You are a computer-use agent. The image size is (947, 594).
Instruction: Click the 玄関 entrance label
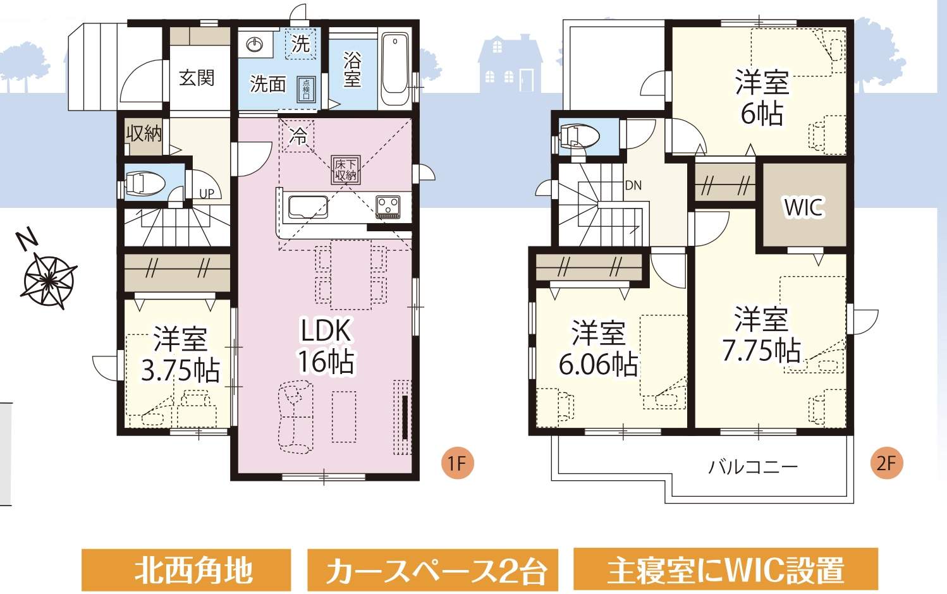click(x=197, y=78)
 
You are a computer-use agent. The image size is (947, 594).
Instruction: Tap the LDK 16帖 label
click(x=326, y=346)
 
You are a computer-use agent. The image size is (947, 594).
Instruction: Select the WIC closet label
click(x=803, y=207)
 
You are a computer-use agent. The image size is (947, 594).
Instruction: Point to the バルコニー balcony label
click(x=753, y=467)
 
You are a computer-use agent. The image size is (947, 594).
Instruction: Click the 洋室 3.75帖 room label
click(x=180, y=354)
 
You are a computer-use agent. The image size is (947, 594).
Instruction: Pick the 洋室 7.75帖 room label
click(x=761, y=335)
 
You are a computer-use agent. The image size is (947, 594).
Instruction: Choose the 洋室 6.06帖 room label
click(x=598, y=348)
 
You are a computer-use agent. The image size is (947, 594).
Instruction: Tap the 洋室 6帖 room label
click(x=762, y=98)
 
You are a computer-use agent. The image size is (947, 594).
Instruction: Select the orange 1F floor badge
click(x=458, y=463)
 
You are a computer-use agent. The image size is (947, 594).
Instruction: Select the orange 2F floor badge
click(x=886, y=463)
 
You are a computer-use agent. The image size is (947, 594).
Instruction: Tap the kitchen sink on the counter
click(x=309, y=207)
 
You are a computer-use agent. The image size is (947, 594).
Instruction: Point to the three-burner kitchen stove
click(x=388, y=207)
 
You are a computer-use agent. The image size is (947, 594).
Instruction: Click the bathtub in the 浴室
click(x=395, y=70)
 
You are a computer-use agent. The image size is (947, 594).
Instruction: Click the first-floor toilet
click(x=142, y=183)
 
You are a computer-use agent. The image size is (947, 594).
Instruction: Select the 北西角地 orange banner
click(x=186, y=570)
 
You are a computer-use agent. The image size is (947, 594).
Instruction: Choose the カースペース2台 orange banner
click(x=433, y=570)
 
